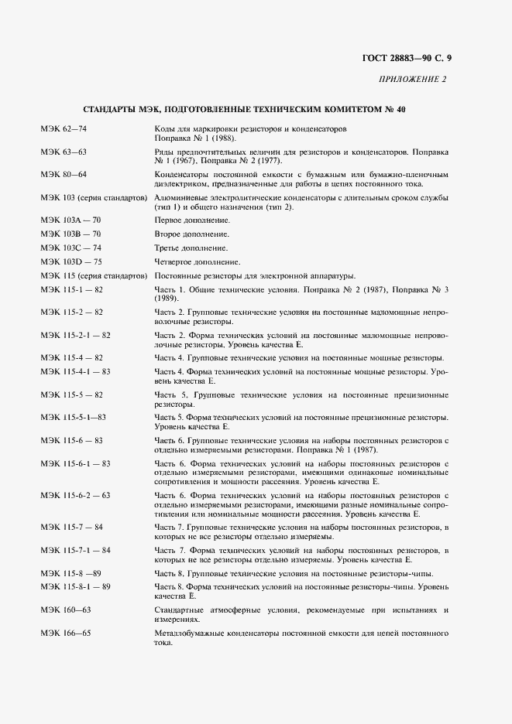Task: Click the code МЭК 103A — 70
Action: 70,220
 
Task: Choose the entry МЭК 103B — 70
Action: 70,234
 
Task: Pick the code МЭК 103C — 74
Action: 70,248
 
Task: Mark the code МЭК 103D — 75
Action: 70,261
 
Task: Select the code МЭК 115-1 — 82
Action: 72,289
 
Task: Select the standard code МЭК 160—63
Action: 66,610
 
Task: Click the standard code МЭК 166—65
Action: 66,633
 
